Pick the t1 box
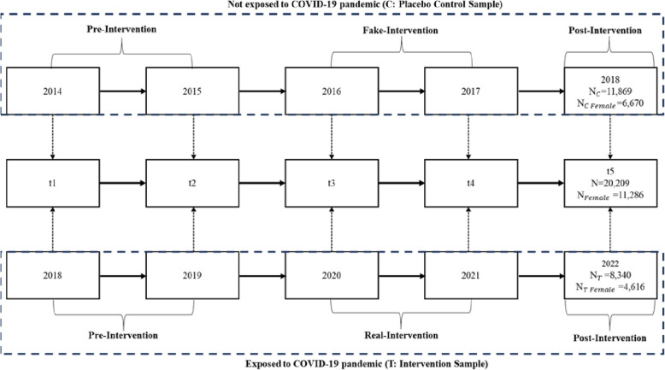click(x=53, y=182)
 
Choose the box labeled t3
click(x=332, y=182)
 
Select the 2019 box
click(x=193, y=277)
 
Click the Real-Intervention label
click(x=401, y=336)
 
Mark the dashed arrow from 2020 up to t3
click(x=332, y=230)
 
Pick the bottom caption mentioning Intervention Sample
click(x=332, y=363)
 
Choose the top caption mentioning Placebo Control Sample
click(x=332, y=4)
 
